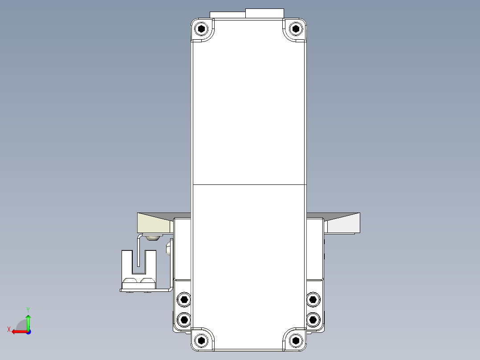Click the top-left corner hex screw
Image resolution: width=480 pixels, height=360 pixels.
coord(203,30)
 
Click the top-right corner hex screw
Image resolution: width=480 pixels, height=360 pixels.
coord(296,30)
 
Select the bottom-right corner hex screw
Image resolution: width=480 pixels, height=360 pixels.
coord(296,341)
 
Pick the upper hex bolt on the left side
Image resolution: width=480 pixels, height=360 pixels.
coord(183,299)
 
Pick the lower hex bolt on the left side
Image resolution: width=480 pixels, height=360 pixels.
coord(183,319)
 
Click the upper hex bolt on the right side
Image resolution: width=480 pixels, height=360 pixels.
coord(313,299)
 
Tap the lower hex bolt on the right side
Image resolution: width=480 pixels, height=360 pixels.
coord(313,319)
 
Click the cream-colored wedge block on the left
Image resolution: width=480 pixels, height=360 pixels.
coord(154,223)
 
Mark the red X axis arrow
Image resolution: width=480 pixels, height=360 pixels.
coord(17,331)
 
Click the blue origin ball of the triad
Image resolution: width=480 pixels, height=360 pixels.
coord(28,331)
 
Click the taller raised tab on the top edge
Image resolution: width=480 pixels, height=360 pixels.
coord(265,13)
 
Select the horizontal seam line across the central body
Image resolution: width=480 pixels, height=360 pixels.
coord(249,184)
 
